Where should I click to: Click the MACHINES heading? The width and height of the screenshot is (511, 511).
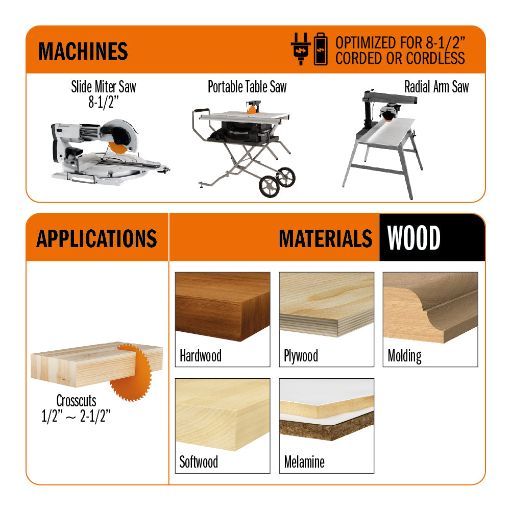click(x=83, y=51)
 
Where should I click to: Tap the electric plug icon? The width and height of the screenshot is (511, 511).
click(x=301, y=49)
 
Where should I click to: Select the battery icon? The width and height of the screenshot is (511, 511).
click(x=321, y=49)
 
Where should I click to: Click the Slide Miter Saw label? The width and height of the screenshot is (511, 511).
click(x=104, y=87)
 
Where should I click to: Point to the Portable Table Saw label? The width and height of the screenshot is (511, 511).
click(x=248, y=87)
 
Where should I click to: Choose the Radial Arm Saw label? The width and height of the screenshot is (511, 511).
click(x=436, y=87)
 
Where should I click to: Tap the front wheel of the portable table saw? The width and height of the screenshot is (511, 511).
click(x=269, y=186)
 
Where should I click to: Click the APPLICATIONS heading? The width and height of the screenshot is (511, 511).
click(x=97, y=238)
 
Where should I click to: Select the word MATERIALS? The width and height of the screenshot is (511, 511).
click(x=326, y=238)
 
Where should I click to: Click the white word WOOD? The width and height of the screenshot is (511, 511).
click(x=414, y=238)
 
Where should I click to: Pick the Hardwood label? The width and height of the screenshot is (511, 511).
click(x=201, y=355)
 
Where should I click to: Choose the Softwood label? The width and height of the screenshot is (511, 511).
click(x=199, y=462)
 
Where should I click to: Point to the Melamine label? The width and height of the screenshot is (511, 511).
click(x=304, y=462)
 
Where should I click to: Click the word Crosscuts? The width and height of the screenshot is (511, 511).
click(x=76, y=401)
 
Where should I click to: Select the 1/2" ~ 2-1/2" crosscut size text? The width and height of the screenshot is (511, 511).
click(x=76, y=416)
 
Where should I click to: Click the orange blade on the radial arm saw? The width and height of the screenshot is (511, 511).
click(x=388, y=118)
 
